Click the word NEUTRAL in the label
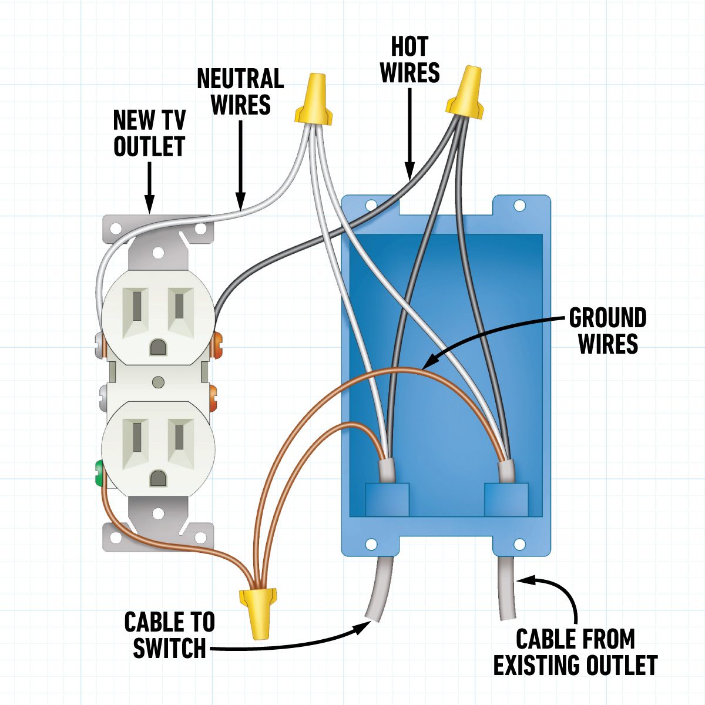click(240, 79)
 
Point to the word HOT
click(409, 46)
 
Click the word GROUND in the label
click(607, 318)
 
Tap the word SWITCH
click(169, 648)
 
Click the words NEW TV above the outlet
click(149, 120)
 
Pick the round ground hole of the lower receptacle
click(157, 478)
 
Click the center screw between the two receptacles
click(157, 382)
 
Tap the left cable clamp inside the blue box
click(387, 499)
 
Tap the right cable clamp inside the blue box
click(504, 499)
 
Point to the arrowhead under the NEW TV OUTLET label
click(149, 206)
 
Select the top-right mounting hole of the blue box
click(519, 206)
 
